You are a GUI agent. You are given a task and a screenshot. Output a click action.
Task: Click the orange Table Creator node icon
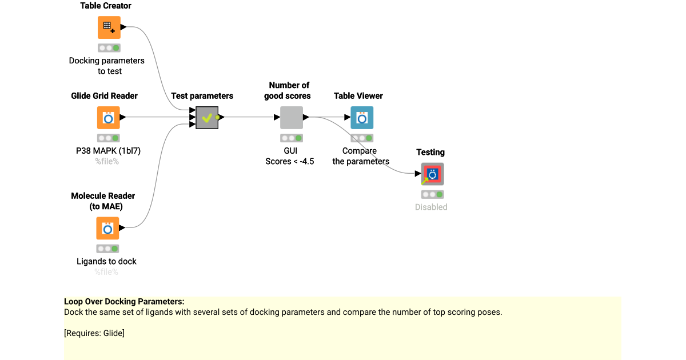pos(109,27)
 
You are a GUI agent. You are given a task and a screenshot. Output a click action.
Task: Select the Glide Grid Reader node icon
pos(109,118)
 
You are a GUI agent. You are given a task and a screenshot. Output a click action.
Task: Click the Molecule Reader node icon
pos(107,228)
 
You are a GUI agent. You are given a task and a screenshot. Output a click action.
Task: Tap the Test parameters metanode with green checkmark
pos(207,118)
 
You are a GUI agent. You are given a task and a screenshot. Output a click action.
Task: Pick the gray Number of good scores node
pos(292,118)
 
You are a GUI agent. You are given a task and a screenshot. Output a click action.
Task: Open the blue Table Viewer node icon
pos(361,118)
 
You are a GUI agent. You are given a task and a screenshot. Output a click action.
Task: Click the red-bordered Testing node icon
pos(433,174)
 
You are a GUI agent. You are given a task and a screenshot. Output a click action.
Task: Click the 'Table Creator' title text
pos(106,6)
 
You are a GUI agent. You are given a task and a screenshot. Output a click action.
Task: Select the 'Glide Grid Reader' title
pos(104,95)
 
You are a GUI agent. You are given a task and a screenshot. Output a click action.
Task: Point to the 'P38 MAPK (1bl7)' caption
pos(108,151)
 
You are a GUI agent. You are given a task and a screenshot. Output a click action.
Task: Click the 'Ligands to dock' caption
pos(107,261)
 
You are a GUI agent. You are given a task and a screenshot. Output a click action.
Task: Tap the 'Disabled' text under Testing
pos(431,207)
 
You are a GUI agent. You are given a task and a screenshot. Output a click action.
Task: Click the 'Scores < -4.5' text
pos(290,161)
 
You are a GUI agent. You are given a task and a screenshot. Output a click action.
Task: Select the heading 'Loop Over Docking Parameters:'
pos(124,301)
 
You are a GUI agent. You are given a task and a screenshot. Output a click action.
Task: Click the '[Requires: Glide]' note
pos(94,333)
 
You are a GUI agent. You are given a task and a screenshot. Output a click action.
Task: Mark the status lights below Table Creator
pos(109,48)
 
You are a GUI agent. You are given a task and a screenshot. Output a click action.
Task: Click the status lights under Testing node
pos(433,194)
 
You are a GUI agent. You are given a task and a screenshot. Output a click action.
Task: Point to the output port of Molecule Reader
pos(123,228)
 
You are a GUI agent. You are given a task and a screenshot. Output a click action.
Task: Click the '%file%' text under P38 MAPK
pos(107,161)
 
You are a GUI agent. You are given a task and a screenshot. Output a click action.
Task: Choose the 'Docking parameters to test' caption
pos(107,66)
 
